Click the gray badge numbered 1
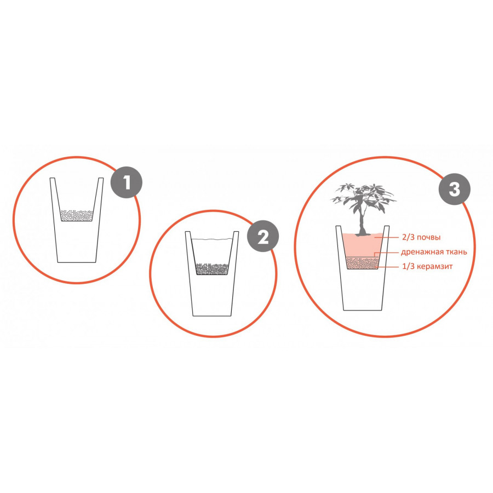[x=127, y=182]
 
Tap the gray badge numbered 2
[x=263, y=237]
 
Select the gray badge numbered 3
[x=455, y=190]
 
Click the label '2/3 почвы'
[x=421, y=237]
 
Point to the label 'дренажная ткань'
[x=434, y=252]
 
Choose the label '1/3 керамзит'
[x=428, y=266]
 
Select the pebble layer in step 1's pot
[x=77, y=215]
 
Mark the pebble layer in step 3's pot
[x=362, y=263]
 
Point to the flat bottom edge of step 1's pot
[x=77, y=262]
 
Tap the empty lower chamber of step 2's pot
[x=212, y=296]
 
